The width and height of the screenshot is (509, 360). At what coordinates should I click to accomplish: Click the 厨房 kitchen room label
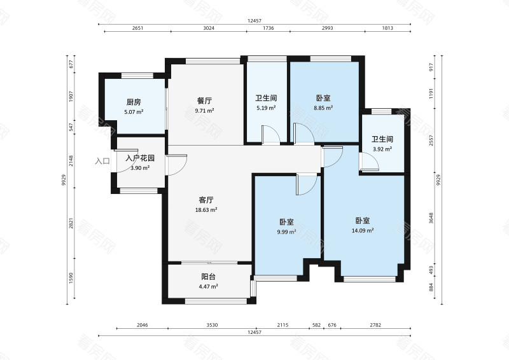click(133, 102)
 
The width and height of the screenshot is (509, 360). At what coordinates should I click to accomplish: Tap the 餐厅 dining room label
click(204, 100)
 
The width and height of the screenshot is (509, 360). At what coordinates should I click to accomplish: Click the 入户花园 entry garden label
click(141, 158)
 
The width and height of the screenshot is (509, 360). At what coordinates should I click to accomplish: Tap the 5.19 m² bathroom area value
click(266, 108)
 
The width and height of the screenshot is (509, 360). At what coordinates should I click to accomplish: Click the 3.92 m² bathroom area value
click(382, 149)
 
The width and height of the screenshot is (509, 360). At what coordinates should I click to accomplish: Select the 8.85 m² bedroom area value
click(324, 108)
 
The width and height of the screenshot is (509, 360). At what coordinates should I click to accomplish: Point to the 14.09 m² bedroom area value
click(363, 231)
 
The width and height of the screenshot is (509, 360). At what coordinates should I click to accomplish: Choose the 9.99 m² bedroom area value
click(286, 232)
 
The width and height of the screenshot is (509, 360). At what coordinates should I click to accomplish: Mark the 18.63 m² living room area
click(206, 209)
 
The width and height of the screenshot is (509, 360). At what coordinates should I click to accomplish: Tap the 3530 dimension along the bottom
click(212, 325)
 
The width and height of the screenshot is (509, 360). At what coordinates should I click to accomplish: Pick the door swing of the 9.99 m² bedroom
click(306, 184)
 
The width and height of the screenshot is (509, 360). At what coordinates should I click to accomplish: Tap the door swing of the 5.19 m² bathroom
click(270, 135)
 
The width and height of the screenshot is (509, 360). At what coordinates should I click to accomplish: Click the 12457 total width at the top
click(254, 21)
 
